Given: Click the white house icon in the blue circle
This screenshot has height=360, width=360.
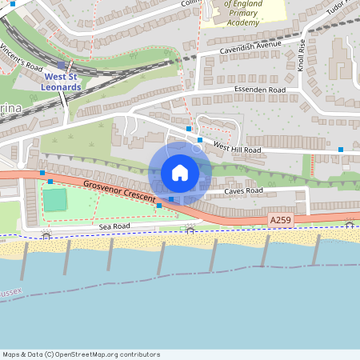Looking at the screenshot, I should (180, 173).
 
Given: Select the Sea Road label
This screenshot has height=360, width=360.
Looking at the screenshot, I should (114, 227).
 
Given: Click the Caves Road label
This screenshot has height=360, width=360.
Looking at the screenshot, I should (243, 190).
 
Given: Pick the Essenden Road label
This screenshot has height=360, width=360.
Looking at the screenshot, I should (259, 90).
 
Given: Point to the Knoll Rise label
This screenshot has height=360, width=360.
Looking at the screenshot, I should (302, 56).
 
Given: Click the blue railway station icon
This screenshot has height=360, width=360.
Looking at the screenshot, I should (62, 66).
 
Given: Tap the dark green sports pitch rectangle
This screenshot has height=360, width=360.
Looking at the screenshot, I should (55, 200).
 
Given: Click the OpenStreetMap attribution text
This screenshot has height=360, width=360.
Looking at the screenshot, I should (81, 354).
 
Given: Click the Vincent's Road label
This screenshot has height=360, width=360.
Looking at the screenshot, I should (23, 58).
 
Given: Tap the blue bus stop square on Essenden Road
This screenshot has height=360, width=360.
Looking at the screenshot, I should (189, 128).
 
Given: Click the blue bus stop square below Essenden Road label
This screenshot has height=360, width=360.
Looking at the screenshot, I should (199, 139).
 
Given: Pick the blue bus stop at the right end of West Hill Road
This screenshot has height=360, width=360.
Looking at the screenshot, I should (341, 150).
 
